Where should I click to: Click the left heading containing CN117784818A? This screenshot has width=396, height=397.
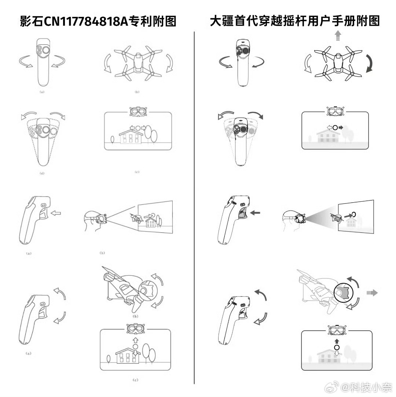(x=98, y=21)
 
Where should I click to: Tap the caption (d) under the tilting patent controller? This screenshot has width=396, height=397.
(x=41, y=173)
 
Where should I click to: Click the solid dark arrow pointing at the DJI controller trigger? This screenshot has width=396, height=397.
(x=256, y=212)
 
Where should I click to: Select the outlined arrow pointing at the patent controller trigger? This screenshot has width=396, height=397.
(x=56, y=212)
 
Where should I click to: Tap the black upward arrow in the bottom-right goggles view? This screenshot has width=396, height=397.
(x=337, y=341)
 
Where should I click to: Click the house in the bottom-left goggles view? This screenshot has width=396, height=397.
(x=127, y=355)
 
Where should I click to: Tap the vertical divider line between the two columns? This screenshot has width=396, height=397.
(x=194, y=205)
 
